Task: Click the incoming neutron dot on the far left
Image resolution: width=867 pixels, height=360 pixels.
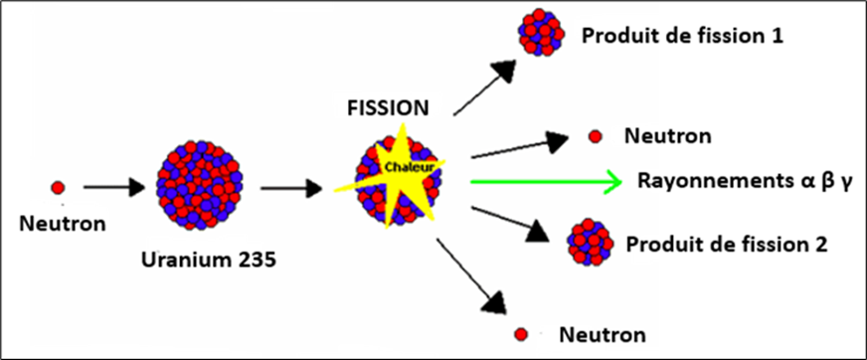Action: pos(58,187)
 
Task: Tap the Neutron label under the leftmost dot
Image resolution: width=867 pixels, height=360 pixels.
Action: pos(62,224)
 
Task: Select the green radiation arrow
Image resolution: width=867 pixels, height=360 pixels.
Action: pos(546,182)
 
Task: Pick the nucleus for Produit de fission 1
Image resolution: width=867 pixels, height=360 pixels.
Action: pos(540,35)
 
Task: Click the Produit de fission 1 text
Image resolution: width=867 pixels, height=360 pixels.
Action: pos(683,37)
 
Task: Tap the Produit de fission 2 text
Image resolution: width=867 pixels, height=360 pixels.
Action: pos(722,243)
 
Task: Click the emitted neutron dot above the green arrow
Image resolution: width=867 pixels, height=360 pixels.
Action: pos(596,135)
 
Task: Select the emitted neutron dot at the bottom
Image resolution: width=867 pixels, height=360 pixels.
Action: pos(520,334)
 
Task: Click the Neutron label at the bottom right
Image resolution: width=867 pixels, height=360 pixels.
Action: pos(602,334)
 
